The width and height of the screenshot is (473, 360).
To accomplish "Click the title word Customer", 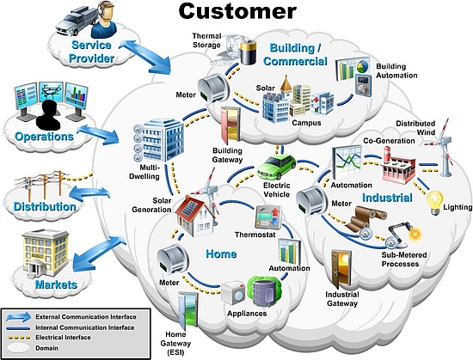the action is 237,11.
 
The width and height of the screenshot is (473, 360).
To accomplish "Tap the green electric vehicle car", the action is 277,167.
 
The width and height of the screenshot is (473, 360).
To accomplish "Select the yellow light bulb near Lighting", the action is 435,203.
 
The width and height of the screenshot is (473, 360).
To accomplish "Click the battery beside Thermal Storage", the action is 249,52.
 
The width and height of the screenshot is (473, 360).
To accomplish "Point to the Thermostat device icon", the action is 268,217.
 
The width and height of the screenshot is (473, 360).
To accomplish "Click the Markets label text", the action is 56,284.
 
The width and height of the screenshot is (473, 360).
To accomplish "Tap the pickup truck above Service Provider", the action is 77,21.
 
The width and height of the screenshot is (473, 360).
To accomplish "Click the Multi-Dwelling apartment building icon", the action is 159,140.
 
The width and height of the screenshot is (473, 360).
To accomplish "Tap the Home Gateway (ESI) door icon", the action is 187,310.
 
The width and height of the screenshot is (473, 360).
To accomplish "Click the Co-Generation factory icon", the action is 398,166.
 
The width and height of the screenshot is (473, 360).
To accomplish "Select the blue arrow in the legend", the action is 19,317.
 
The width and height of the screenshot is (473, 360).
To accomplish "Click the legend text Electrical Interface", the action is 63,338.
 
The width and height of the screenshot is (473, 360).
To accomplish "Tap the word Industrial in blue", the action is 387,198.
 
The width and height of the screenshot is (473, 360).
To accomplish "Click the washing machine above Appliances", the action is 233,292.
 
